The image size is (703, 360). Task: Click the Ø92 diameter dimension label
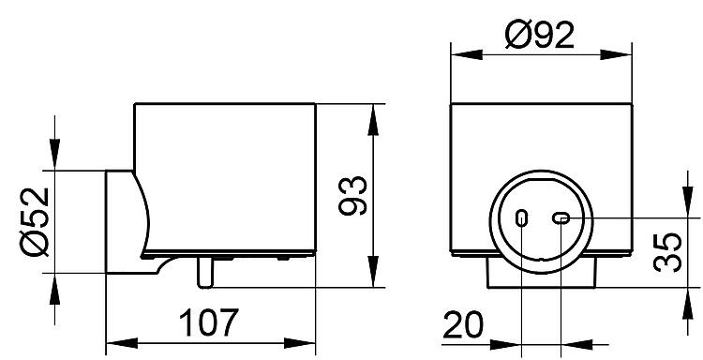pos(539,35)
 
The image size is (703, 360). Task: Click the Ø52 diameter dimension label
pos(35,221)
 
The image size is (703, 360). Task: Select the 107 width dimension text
pos(209,322)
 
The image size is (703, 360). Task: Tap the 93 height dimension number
pos(352,195)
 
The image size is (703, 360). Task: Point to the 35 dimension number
pos(667,252)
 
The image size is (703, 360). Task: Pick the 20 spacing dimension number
pos(464,324)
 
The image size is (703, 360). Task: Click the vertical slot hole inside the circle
pos(521,218)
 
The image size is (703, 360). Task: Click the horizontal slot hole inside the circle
pos(561,218)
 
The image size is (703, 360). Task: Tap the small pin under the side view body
pos(205,273)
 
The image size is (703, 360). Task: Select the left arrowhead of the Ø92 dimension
pos(467,54)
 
